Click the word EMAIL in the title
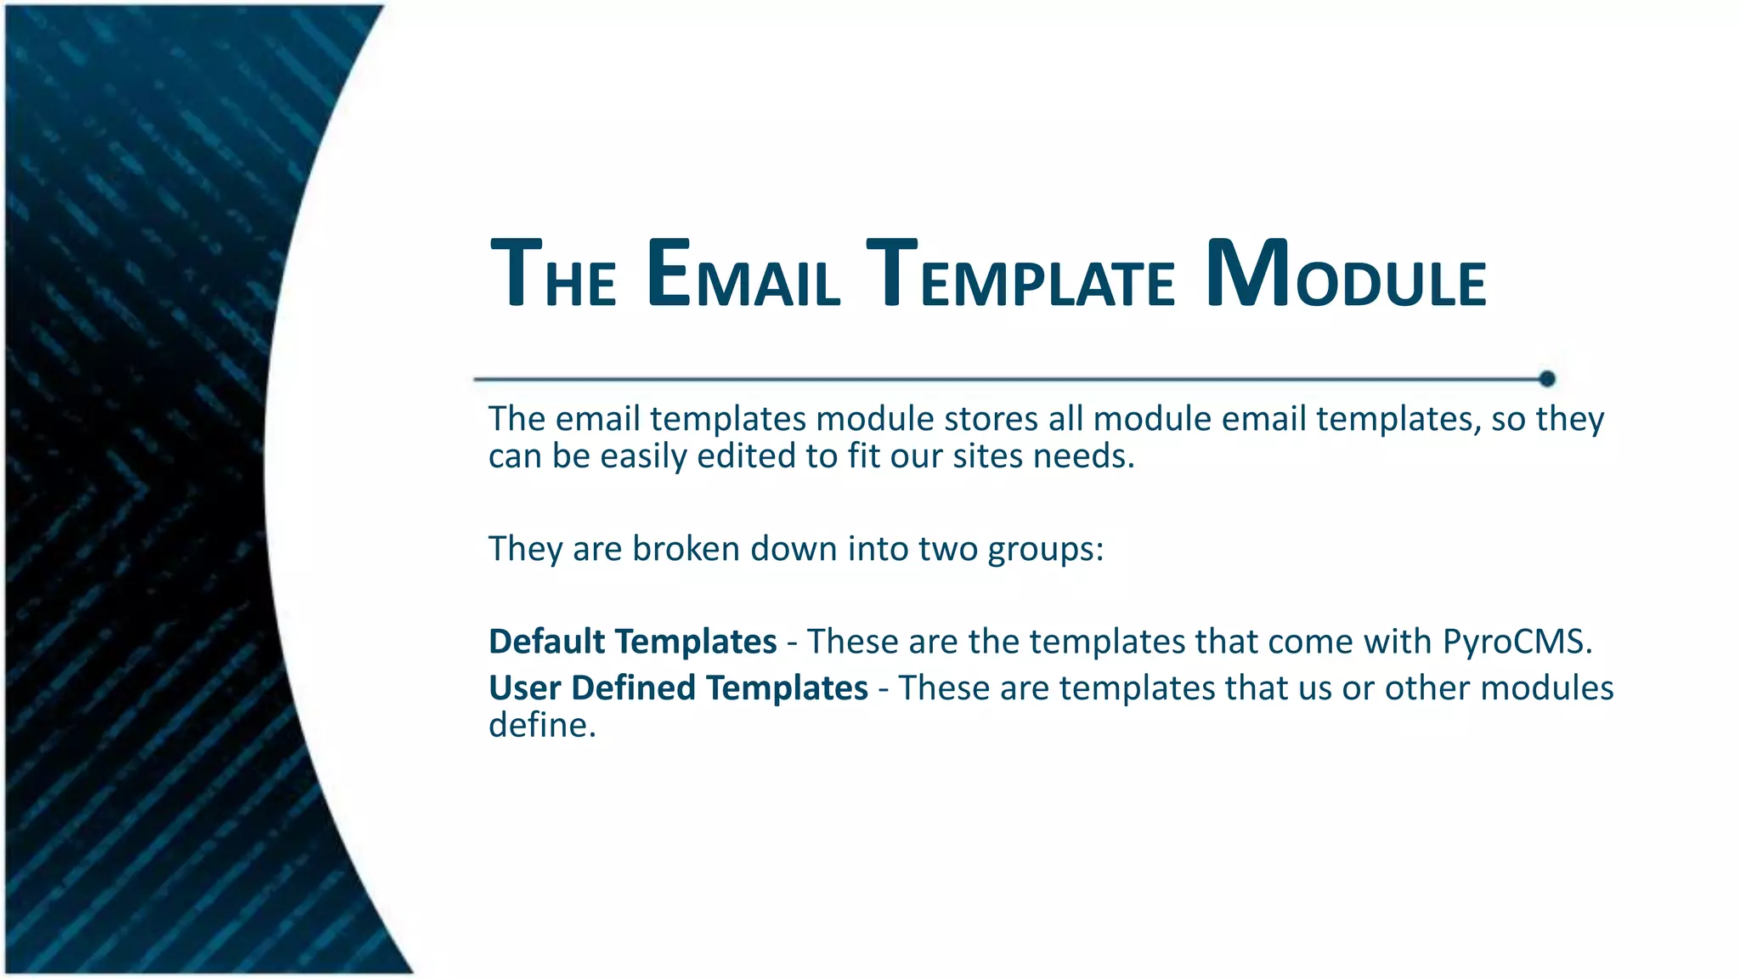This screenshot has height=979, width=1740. click(x=743, y=274)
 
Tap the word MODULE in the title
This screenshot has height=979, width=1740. click(x=1345, y=274)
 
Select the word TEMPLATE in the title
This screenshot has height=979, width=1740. click(x=1020, y=274)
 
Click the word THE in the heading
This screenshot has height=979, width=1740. click(x=553, y=274)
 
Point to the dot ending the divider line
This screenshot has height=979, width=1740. click(x=1547, y=379)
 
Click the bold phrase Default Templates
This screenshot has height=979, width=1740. click(x=632, y=642)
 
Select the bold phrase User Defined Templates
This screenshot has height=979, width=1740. click(x=678, y=688)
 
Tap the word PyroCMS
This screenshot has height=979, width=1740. click(x=1517, y=642)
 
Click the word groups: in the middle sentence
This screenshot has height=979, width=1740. click(x=1045, y=550)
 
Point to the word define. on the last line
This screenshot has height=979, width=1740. click(x=542, y=726)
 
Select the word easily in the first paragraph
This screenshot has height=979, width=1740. click(x=643, y=458)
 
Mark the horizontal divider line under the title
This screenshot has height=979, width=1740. click(x=1003, y=379)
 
